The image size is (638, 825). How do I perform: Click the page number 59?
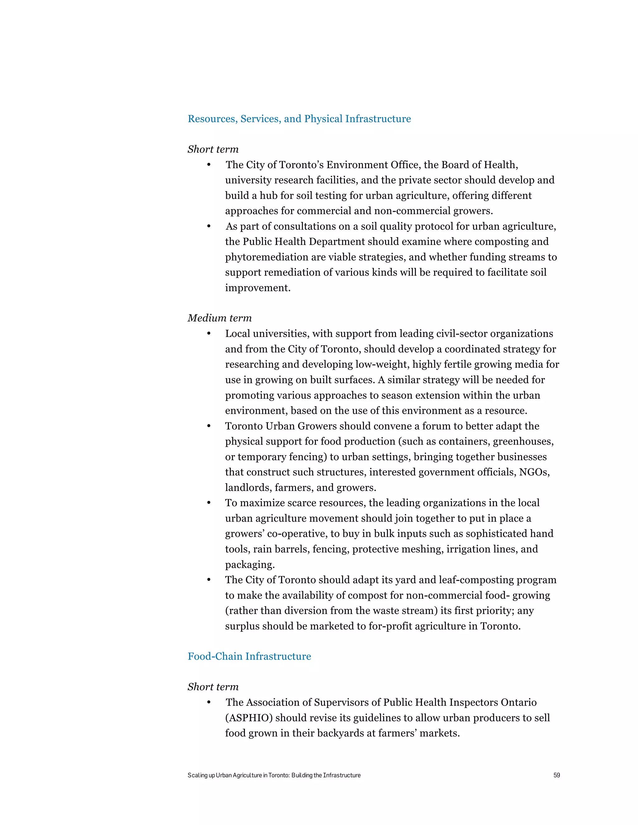click(x=556, y=775)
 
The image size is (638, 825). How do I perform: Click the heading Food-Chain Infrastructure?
click(x=249, y=656)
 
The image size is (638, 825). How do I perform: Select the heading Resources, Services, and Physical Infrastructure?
click(x=299, y=119)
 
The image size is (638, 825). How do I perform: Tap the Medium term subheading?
click(x=220, y=318)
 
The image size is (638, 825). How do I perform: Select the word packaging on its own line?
click(x=250, y=564)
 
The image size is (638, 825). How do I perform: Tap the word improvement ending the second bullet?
click(x=257, y=288)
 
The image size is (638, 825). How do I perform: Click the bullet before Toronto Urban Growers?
click(x=209, y=426)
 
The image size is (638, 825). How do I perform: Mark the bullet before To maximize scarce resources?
click(x=209, y=503)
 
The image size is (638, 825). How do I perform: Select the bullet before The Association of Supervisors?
click(x=209, y=703)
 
